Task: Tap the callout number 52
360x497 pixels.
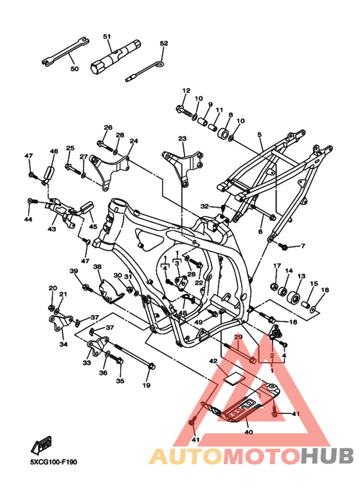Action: [x=164, y=44]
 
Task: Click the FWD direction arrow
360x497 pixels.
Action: [x=41, y=446]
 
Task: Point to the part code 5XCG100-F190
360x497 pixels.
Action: [x=53, y=462]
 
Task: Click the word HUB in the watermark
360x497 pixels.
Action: [x=327, y=456]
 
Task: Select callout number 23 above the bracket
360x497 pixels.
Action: [x=182, y=138]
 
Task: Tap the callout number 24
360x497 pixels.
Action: [x=134, y=141]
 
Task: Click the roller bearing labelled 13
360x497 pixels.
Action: [x=294, y=298]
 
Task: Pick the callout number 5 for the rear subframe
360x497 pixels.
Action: [x=260, y=135]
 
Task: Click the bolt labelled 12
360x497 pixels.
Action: [x=184, y=111]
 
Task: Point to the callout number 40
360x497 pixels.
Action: [x=249, y=432]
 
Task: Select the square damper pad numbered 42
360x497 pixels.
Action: [x=235, y=378]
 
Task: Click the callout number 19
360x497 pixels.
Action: [x=146, y=385]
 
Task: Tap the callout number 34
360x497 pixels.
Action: [x=64, y=344]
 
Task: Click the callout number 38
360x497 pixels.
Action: [x=97, y=267]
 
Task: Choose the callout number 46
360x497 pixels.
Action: [x=54, y=152]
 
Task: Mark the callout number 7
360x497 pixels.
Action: [x=303, y=246]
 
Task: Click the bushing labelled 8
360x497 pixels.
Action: [x=224, y=133]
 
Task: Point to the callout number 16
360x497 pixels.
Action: [x=293, y=322]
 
